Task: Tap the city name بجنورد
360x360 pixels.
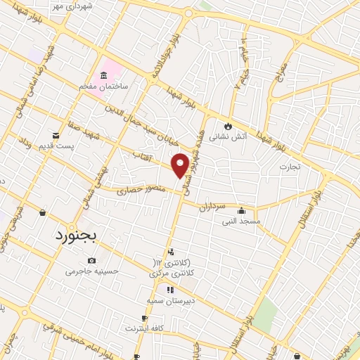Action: pos(77,236)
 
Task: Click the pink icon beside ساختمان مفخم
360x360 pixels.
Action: pos(105,75)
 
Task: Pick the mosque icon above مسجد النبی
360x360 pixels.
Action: pos(242,210)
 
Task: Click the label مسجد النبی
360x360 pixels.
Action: pos(242,221)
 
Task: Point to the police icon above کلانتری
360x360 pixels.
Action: pos(172,252)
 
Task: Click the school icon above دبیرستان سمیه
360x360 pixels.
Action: pos(169,290)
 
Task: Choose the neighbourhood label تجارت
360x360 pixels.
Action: pos(289,167)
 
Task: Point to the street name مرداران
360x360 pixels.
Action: pos(210,207)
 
